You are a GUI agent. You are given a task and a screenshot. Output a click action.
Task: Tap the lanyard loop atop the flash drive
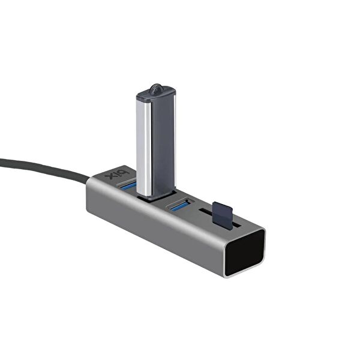pyautogui.click(x=156, y=89)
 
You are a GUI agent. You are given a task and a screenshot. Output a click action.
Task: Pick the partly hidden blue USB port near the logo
pyautogui.click(x=128, y=187)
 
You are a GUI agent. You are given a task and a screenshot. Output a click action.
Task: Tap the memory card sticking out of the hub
pyautogui.click(x=224, y=212)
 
